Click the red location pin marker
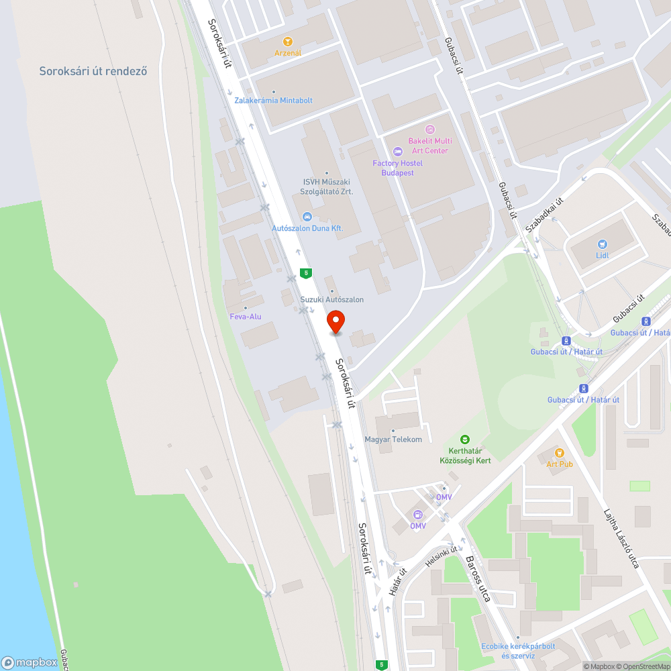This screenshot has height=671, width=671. [335, 322]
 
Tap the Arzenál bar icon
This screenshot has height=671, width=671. [288, 42]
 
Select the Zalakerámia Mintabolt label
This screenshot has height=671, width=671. [274, 101]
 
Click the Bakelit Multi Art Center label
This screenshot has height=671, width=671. [430, 146]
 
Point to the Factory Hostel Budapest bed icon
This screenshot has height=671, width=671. [398, 152]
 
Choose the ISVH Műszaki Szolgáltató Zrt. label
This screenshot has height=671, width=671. [327, 187]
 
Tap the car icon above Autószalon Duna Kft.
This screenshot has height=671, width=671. [307, 216]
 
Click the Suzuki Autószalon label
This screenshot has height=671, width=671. [332, 299]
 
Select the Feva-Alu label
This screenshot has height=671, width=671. [246, 316]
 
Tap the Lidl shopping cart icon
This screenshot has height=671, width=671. [602, 244]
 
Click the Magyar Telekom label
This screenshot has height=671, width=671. [393, 440]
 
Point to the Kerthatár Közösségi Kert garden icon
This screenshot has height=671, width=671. [465, 440]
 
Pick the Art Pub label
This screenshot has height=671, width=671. [560, 464]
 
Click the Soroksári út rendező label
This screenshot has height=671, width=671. [93, 71]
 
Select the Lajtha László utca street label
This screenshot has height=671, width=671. [621, 537]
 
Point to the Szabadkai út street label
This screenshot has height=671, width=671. [544, 214]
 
